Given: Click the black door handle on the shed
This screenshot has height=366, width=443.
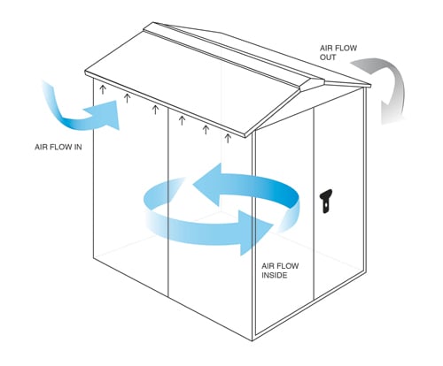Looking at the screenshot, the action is click(x=325, y=201).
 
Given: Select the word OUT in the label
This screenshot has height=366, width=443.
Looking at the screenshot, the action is click(x=328, y=57).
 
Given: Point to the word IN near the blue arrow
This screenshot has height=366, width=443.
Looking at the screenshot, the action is click(x=78, y=147).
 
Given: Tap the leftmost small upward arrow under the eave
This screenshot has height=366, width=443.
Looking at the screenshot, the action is click(x=103, y=89).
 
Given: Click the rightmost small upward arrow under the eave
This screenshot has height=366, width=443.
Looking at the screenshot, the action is click(x=228, y=138).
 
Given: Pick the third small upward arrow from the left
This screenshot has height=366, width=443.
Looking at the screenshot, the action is click(x=155, y=110).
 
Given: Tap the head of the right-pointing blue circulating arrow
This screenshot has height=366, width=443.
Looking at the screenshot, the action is click(x=255, y=233).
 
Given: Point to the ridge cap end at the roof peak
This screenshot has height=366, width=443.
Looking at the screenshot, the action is click(x=313, y=84).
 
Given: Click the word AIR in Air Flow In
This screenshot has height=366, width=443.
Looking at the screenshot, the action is click(x=41, y=147).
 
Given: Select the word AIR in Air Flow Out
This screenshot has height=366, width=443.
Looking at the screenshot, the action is click(x=326, y=48).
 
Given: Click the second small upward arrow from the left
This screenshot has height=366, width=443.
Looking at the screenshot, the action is click(x=127, y=98).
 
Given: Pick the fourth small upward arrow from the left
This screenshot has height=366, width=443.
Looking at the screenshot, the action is click(x=182, y=120).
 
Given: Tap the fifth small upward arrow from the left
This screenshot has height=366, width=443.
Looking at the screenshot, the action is click(x=206, y=130).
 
